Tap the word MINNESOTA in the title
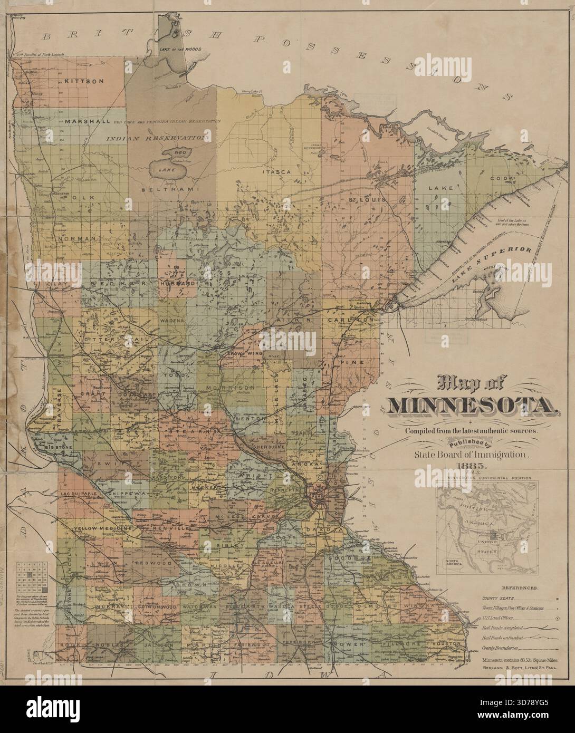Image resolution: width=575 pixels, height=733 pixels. [472, 404]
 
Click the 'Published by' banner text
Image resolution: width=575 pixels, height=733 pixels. [472, 442]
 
